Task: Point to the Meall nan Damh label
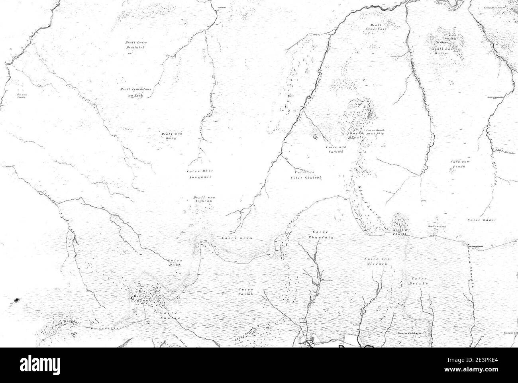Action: [x=168, y=136]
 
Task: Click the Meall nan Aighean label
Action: [x=202, y=199]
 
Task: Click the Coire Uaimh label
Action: [x=245, y=291]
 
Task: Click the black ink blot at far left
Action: [x=16, y=299]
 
